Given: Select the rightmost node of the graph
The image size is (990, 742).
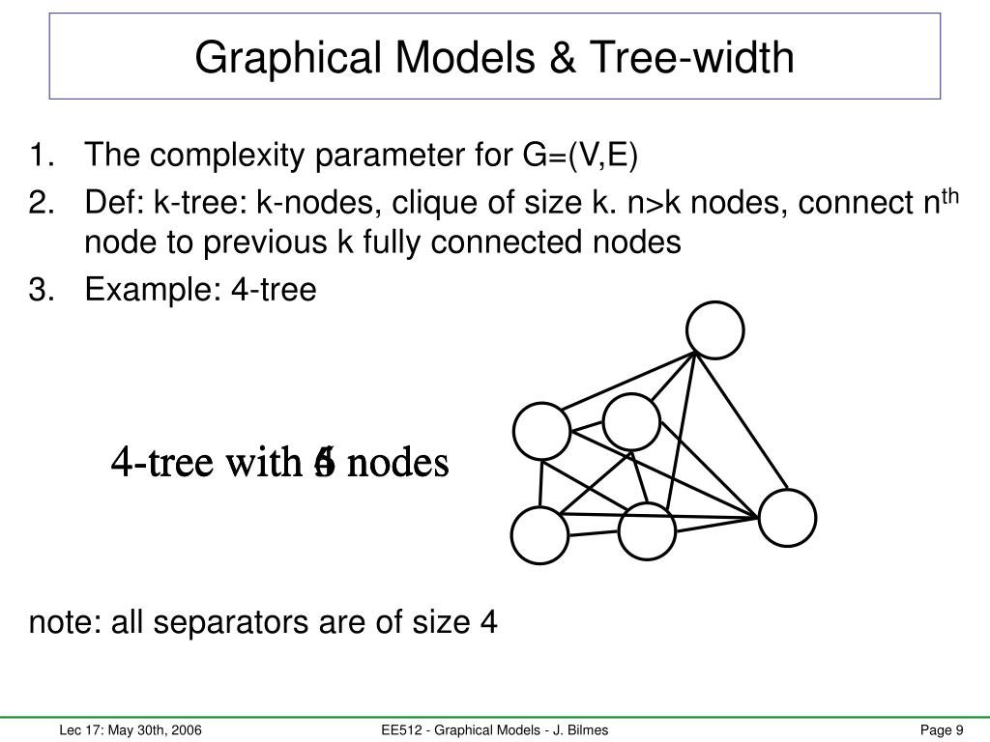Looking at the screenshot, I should [x=788, y=518].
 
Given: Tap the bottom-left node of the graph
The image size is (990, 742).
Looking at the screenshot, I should [x=539, y=535].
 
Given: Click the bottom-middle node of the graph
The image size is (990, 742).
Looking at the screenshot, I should [x=646, y=530].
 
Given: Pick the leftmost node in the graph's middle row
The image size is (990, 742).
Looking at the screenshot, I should [x=541, y=432].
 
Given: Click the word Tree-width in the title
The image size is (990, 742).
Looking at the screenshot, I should [x=711, y=57].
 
